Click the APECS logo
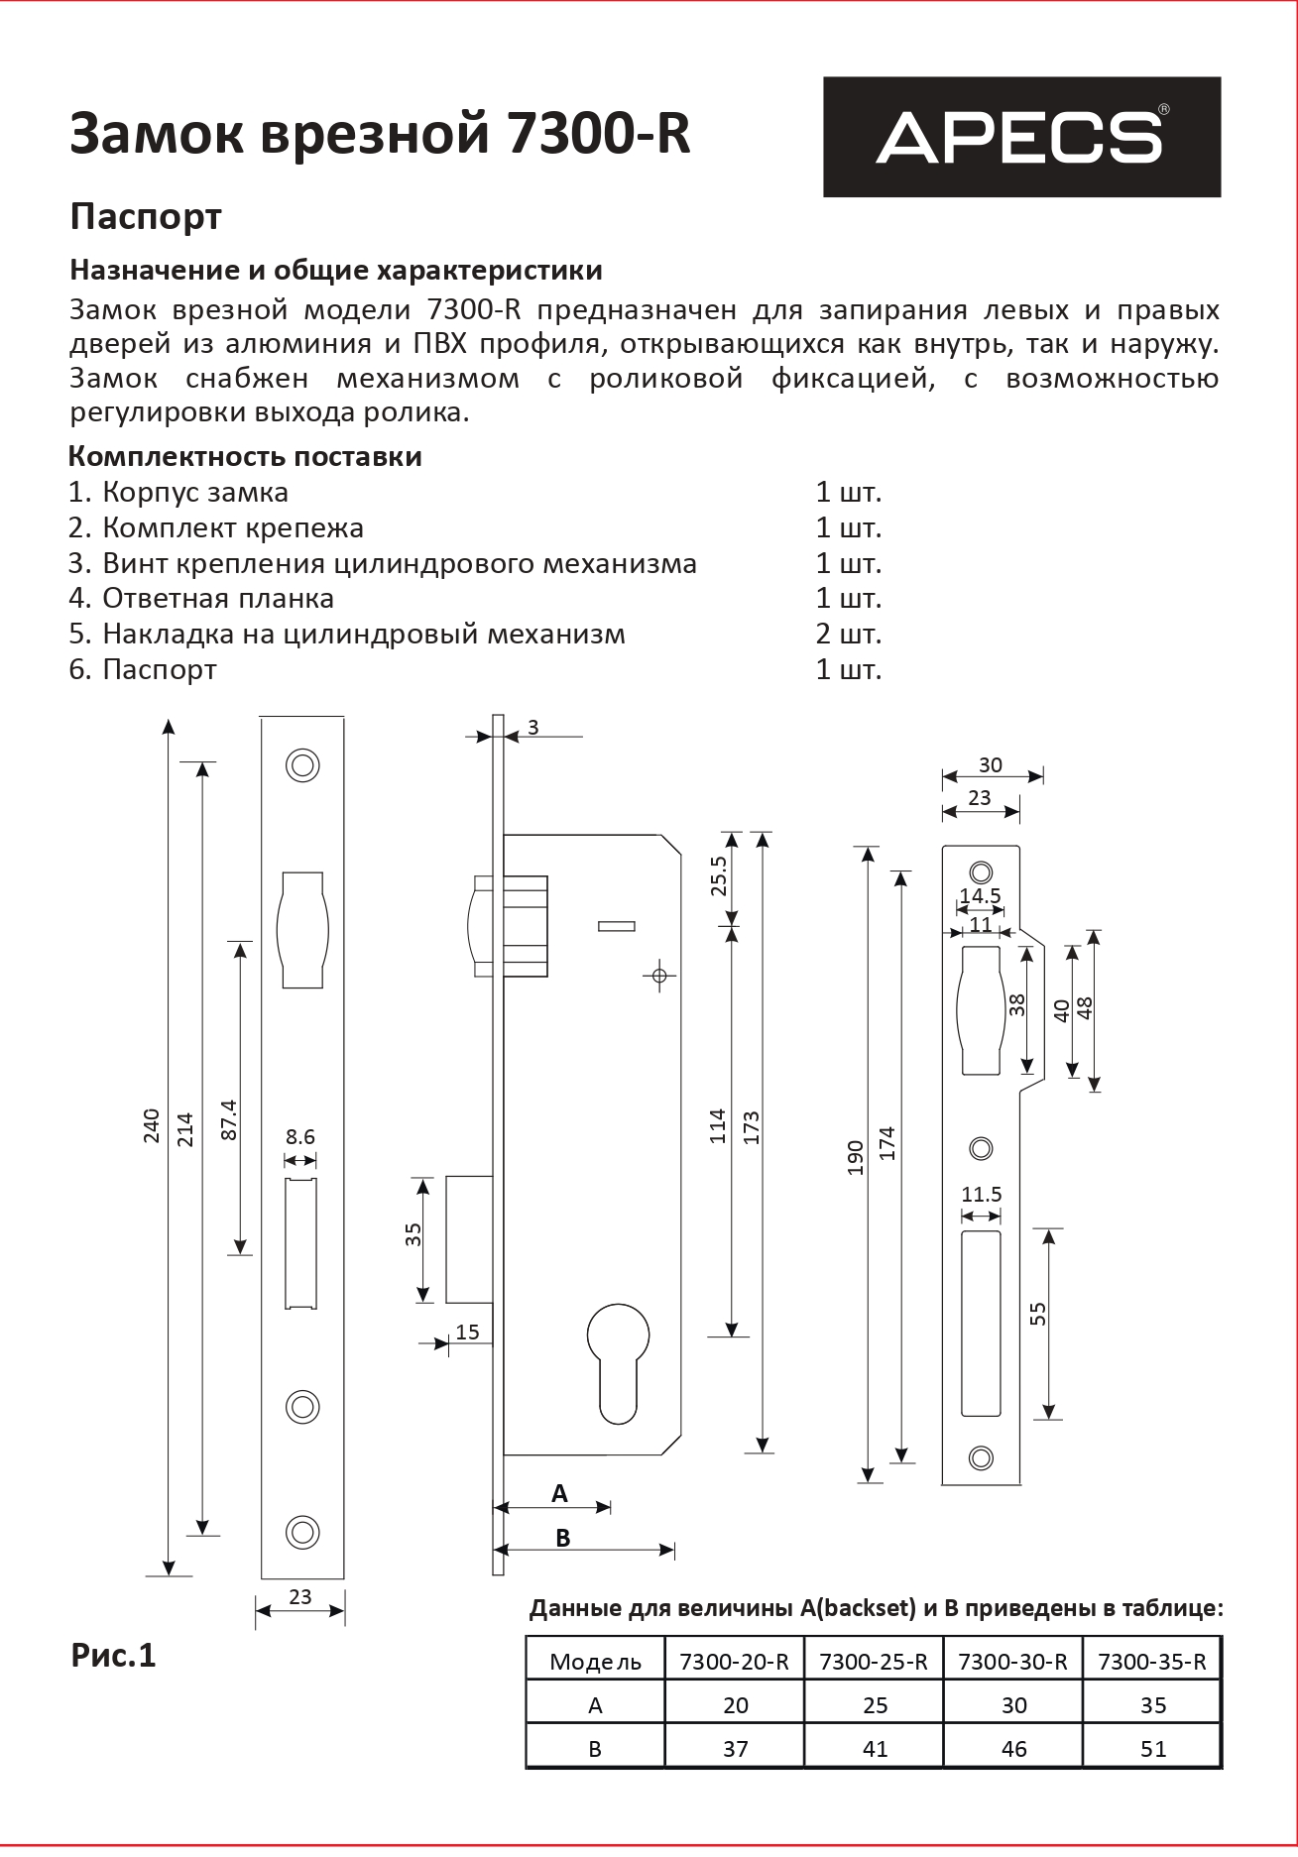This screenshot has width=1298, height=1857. pos(1021,137)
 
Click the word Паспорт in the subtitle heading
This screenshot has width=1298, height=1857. pos(146,216)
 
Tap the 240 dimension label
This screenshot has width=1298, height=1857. pos(152,1125)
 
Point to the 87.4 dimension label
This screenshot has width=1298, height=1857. pos(229,1118)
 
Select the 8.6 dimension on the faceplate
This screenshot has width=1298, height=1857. pos(300,1136)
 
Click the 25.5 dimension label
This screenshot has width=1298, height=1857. pos(719,875)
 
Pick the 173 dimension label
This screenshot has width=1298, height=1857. pos(751,1127)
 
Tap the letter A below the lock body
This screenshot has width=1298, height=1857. pos(559,1493)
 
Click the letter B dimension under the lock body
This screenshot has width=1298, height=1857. pos(563,1538)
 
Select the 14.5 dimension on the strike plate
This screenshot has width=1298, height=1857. pos(980,896)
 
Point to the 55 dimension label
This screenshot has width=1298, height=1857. pos(1038,1313)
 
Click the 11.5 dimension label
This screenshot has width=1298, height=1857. pos(982,1194)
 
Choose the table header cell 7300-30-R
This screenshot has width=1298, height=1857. pos(1012,1662)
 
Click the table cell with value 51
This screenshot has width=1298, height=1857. pos(1153,1749)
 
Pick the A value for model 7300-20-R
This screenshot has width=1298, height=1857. pos(735,1705)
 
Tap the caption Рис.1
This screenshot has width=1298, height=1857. pos(113,1656)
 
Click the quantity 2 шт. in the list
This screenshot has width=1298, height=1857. pos(848,634)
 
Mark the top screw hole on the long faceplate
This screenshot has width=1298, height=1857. pos(302,764)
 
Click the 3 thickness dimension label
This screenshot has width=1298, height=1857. pos(532,728)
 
